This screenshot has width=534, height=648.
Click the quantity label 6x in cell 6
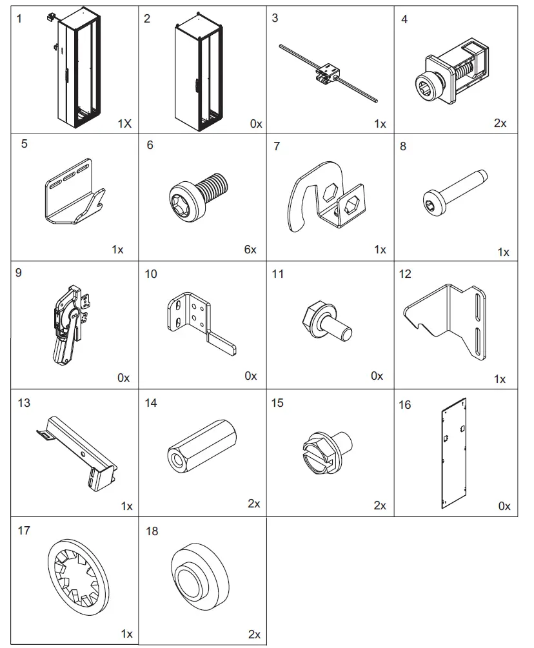[x=250, y=250]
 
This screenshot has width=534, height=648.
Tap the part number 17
[x=25, y=531]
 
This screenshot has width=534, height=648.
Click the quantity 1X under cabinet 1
[x=124, y=123]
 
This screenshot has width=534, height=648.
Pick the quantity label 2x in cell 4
[x=500, y=123]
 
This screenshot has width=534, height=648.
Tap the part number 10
[x=151, y=274]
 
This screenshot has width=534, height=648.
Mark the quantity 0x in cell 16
[x=504, y=506]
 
